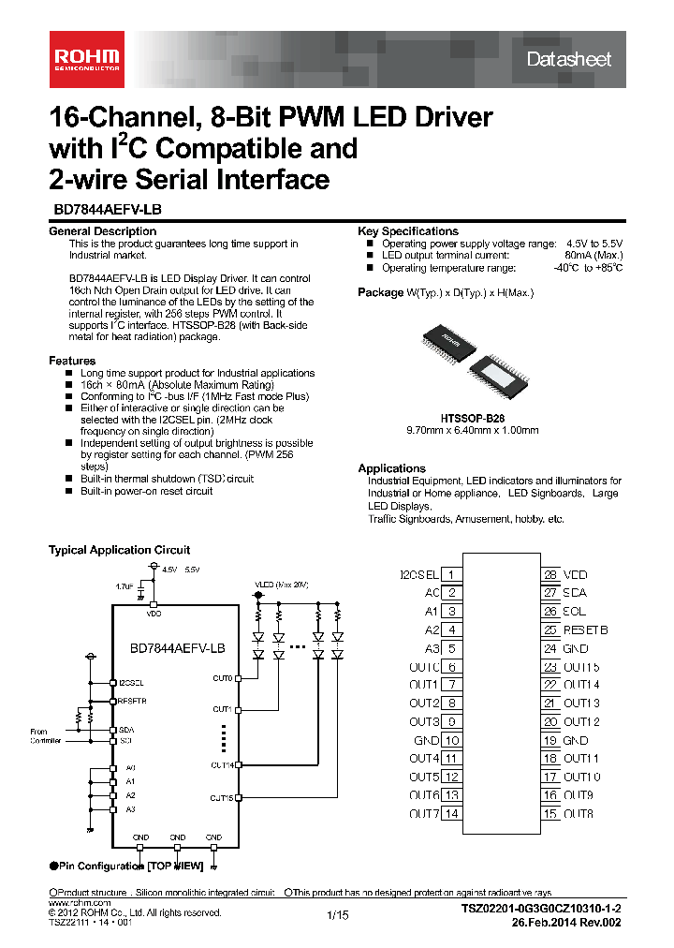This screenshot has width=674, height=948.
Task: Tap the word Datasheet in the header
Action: pyautogui.click(x=568, y=59)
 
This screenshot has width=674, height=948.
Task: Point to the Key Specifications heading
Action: pyautogui.click(x=408, y=231)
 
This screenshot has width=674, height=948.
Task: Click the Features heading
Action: pyautogui.click(x=72, y=361)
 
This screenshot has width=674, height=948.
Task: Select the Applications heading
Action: pyautogui.click(x=391, y=468)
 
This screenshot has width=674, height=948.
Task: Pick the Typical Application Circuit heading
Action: pyautogui.click(x=119, y=550)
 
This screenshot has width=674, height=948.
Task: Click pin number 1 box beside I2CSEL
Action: pyautogui.click(x=453, y=574)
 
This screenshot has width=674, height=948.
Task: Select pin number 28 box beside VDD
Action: pyautogui.click(x=550, y=574)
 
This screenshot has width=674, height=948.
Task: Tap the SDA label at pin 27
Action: pyautogui.click(x=575, y=593)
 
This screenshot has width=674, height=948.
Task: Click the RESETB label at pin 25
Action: pyautogui.click(x=585, y=630)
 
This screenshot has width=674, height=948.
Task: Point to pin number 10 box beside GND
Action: pyautogui.click(x=453, y=740)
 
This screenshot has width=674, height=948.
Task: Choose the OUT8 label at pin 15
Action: pyautogui.click(x=578, y=813)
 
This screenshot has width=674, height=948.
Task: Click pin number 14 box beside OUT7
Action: pyautogui.click(x=453, y=813)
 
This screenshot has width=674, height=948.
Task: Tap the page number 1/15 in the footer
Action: pyautogui.click(x=337, y=916)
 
